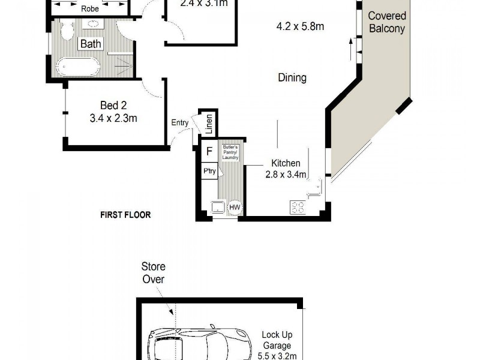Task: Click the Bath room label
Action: [x=91, y=44]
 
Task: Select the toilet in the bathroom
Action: [x=66, y=29]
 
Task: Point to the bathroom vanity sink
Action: [x=94, y=25]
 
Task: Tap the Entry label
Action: [x=180, y=123]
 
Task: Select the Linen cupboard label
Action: [x=209, y=124]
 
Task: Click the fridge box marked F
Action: [x=209, y=152]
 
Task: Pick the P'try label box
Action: [x=209, y=171]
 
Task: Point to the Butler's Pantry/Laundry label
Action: [x=231, y=152]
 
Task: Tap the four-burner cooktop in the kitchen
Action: [x=298, y=208]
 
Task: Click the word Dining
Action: [x=292, y=77]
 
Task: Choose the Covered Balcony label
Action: [x=386, y=22]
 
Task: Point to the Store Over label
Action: [x=153, y=272]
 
